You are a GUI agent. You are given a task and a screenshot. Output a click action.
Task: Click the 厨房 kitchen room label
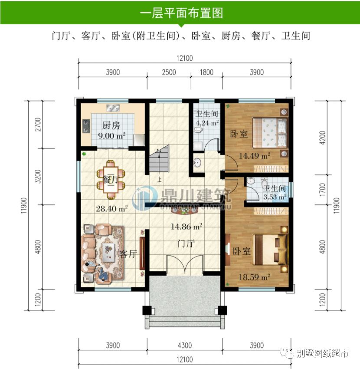111,126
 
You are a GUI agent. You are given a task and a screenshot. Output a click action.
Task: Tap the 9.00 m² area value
111,136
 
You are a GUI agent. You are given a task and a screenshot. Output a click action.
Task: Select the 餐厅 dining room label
110,179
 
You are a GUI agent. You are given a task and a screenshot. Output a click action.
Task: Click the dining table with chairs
111,177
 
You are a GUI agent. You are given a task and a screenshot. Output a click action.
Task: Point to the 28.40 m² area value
111,208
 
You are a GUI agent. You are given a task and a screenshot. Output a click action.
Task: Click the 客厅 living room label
128,254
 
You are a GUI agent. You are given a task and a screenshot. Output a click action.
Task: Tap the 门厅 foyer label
186,244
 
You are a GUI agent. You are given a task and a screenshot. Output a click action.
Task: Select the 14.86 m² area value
187,226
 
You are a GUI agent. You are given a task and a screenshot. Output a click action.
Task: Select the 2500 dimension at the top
168,72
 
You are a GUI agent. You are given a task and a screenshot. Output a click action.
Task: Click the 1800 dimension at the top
206,72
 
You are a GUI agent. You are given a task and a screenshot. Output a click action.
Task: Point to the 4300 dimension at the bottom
185,346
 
